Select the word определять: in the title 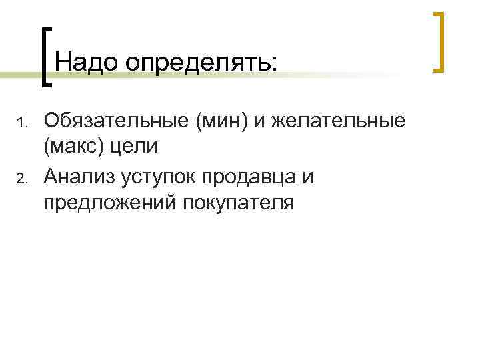pyautogui.click(x=199, y=63)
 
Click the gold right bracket pyautogui.click(x=439, y=41)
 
